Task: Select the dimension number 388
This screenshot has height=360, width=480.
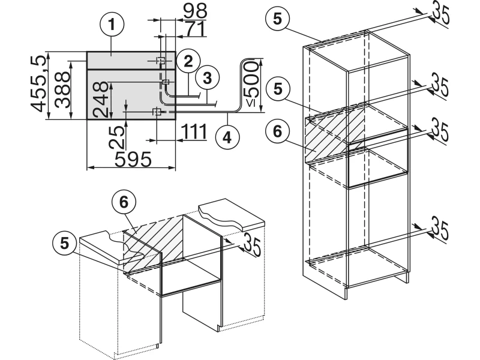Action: pyautogui.click(x=62, y=84)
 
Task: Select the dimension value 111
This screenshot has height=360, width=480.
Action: pyautogui.click(x=193, y=131)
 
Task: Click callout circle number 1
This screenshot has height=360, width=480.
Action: pyautogui.click(x=113, y=26)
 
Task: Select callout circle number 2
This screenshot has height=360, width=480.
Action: pyautogui.click(x=188, y=61)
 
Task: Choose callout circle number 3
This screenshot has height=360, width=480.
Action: pyautogui.click(x=207, y=77)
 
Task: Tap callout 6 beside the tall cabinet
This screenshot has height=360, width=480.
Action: pyautogui.click(x=277, y=131)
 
